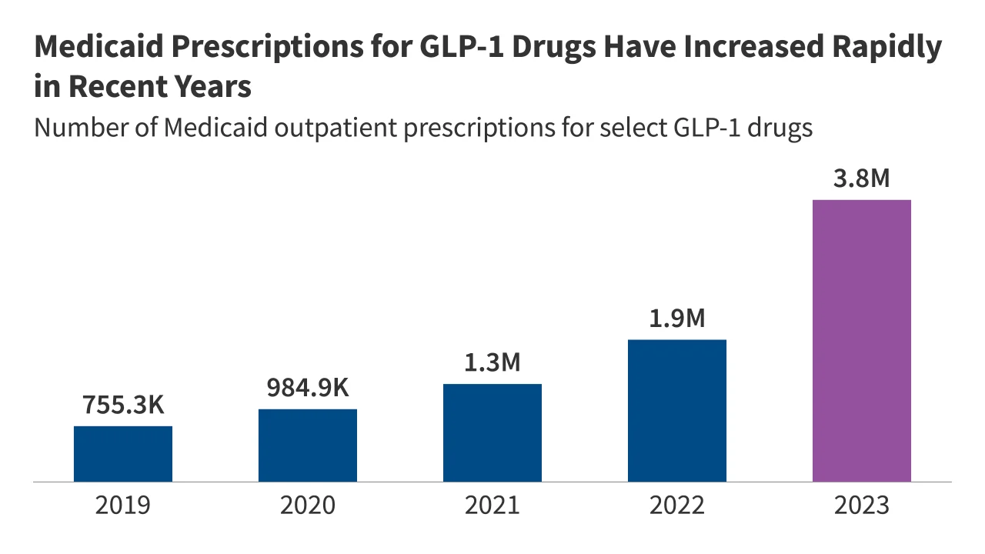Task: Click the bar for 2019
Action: point(123,454)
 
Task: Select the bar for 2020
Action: point(308,446)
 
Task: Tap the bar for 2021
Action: point(492,432)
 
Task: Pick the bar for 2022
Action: point(677,411)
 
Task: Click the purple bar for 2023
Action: point(862,341)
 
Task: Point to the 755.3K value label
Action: point(123,405)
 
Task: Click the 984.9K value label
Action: point(308,388)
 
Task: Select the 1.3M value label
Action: point(492,362)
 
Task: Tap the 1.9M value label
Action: point(677,318)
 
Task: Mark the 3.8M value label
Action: point(862,179)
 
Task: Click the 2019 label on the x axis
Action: point(123,506)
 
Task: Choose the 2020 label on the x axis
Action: point(308,506)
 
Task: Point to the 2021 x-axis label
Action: point(492,506)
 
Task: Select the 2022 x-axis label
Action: point(677,506)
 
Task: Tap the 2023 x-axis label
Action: point(862,506)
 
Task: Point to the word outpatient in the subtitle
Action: point(336,128)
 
